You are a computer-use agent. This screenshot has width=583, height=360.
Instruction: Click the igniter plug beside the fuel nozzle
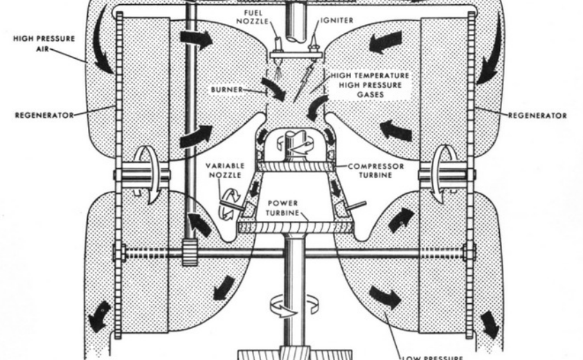tap(316, 45)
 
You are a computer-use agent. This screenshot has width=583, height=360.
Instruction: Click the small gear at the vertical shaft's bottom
tap(188, 249)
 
